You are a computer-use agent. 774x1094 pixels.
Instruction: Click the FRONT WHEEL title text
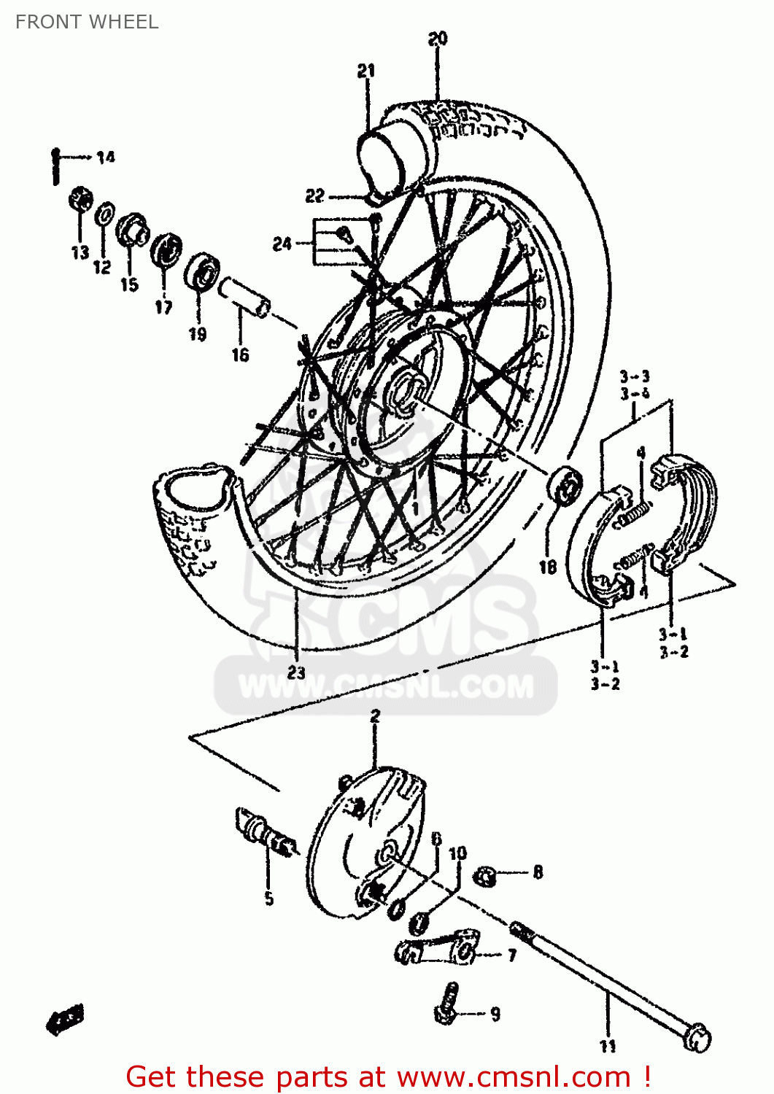pos(87,22)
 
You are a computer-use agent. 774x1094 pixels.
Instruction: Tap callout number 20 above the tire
pos(438,39)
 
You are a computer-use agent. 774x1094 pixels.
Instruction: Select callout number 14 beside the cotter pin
pos(106,157)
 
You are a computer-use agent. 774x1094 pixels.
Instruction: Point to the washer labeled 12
pos(104,214)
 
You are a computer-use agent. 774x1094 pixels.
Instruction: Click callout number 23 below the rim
pos(296,672)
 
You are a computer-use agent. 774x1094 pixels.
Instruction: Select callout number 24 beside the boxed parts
pos(282,244)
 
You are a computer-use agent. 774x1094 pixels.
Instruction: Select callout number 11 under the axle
pos(608,1045)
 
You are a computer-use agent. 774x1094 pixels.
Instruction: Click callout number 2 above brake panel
pos(375,715)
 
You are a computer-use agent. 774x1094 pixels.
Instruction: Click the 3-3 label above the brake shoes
pos(635,376)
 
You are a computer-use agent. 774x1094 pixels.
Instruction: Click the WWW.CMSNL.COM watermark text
pos(386,686)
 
